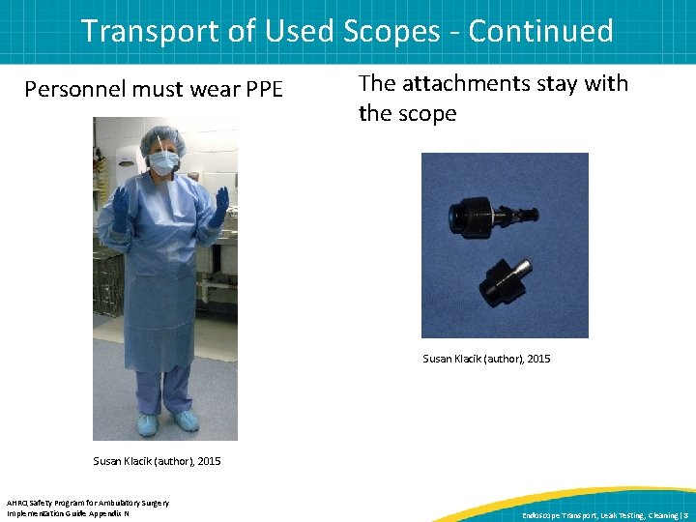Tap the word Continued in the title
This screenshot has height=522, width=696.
tap(540, 31)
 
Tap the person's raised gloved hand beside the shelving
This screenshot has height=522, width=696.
tap(121, 208)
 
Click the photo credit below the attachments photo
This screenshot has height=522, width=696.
tap(486, 359)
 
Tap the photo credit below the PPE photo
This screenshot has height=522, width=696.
tap(157, 461)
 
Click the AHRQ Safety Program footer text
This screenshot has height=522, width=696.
tap(87, 502)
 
